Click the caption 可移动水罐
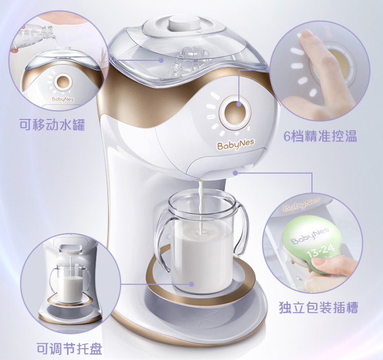point(52,125)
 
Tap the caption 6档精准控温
point(320,136)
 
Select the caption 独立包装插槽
point(318,307)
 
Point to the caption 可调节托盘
point(69,349)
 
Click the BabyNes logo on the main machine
point(232,145)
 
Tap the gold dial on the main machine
point(235,113)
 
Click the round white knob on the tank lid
point(185,22)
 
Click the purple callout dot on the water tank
point(161,60)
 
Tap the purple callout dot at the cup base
point(192,284)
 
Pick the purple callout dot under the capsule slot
point(235,173)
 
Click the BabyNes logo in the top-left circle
point(63,99)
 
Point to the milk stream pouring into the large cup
point(201,206)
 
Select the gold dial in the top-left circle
point(63,82)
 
